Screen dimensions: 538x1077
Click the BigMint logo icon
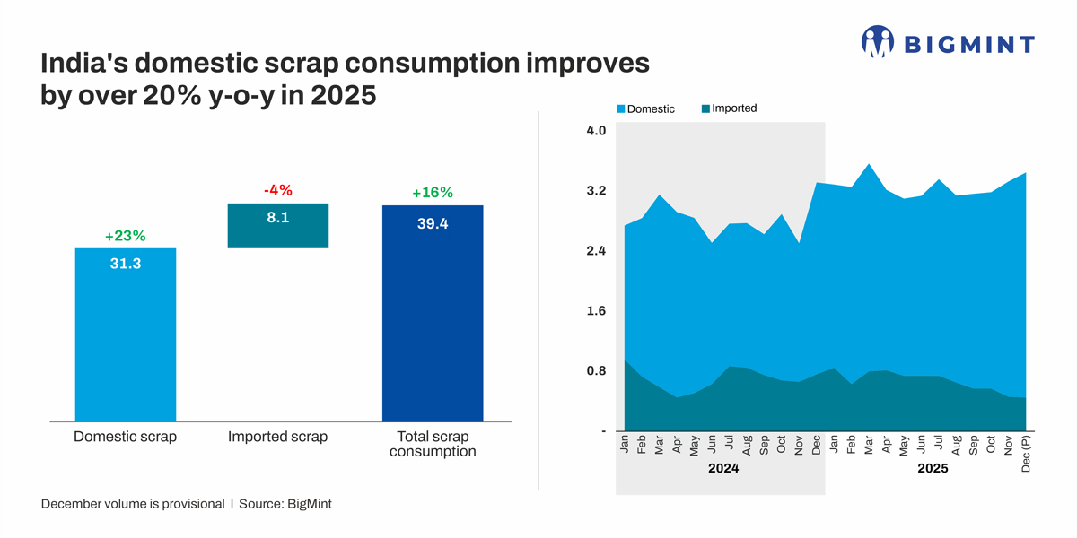pos(878,42)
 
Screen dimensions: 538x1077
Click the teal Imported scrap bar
pos(278,225)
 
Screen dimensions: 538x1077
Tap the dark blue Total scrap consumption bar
pos(433,314)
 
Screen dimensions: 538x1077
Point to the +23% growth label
pos(125,236)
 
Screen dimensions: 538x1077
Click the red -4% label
pos(277,190)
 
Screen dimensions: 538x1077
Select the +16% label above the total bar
pos(433,193)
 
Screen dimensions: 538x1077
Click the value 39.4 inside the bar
pos(433,224)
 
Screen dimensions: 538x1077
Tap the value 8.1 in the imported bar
pos(278,217)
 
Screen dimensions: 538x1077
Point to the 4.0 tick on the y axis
pos(596,131)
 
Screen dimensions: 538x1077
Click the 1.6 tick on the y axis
pos(596,311)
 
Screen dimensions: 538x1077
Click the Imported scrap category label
pos(277,437)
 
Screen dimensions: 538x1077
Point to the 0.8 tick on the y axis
pos(596,371)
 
